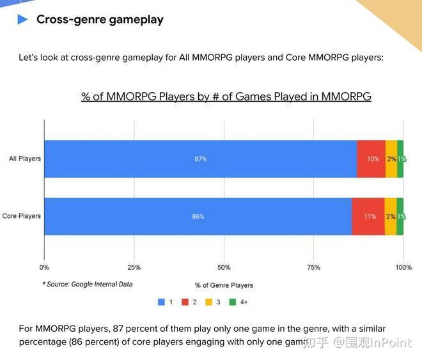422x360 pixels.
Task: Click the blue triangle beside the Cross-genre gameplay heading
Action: [x=23, y=19]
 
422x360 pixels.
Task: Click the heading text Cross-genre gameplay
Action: [x=99, y=19]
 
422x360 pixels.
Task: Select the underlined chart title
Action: [x=226, y=97]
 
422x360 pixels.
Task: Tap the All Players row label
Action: [x=25, y=159]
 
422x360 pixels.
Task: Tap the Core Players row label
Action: [x=22, y=216]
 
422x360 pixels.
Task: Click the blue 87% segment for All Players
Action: [x=200, y=159]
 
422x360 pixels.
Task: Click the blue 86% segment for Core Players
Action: [x=198, y=216]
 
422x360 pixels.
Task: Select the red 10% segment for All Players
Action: [x=371, y=159]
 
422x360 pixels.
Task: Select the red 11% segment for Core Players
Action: [x=369, y=216]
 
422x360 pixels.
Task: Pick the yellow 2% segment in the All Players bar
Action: [x=391, y=159]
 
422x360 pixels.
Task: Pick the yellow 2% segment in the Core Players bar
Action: [x=390, y=216]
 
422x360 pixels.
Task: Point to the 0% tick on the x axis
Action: [x=44, y=267]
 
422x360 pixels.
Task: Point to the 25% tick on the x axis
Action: [x=134, y=267]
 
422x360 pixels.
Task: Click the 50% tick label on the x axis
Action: [x=224, y=267]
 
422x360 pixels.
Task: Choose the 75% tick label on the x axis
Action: [x=313, y=267]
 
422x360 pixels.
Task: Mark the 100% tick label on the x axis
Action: [x=403, y=267]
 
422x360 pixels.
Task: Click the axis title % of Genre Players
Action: [x=224, y=285]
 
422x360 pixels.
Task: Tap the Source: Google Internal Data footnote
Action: [x=88, y=284]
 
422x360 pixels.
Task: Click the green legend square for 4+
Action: [x=233, y=301]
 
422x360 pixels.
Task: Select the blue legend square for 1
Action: [x=161, y=301]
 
